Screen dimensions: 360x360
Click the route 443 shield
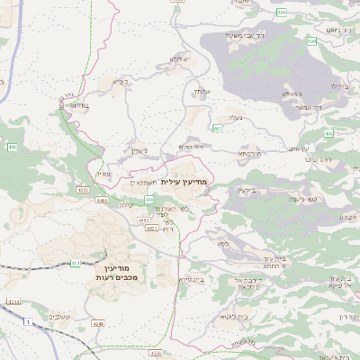coord(12,147)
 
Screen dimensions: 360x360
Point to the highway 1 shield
coord(27,321)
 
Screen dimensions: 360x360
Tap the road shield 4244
coord(13,301)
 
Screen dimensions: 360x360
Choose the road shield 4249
coord(97,322)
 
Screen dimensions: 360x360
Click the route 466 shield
coord(282,13)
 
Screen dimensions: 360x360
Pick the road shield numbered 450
coord(311,42)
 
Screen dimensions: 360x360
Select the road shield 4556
coord(157,354)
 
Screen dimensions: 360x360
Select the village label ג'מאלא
coord(290,93)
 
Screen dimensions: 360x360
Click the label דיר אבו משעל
coord(249,36)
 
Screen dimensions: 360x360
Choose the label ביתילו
coord(338,85)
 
